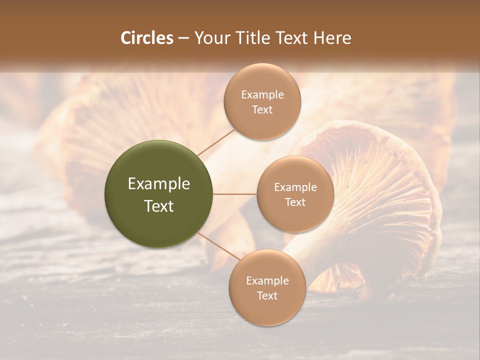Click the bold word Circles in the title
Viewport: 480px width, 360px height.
[x=146, y=38]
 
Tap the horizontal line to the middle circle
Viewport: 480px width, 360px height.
[x=234, y=194]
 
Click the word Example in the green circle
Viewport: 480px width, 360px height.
[x=159, y=184]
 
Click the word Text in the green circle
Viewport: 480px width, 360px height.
[x=159, y=206]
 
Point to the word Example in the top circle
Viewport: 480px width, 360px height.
[x=262, y=95]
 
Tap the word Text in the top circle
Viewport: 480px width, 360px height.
[x=262, y=110]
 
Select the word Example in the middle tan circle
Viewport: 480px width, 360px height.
[x=295, y=187]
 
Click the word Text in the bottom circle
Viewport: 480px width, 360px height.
[x=267, y=296]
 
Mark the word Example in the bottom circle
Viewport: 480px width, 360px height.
[x=267, y=281]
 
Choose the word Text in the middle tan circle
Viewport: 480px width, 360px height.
[x=295, y=202]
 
